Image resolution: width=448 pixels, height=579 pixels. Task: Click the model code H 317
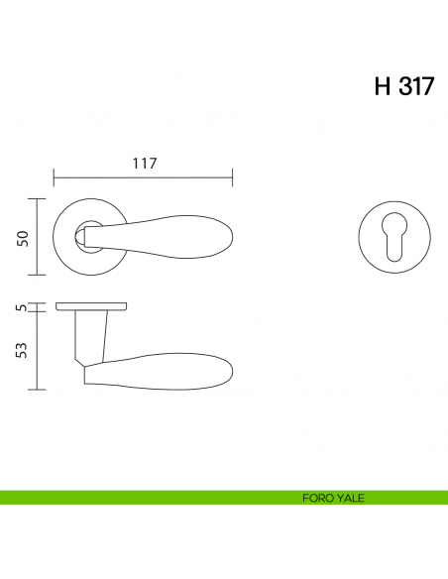[x=404, y=86]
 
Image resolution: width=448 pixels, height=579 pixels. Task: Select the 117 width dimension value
[x=145, y=163]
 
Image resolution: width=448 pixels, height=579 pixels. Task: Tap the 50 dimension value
[x=23, y=239]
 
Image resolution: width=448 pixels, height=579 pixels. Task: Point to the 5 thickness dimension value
[x=23, y=307]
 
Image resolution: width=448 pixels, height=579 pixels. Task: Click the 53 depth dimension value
[x=22, y=350]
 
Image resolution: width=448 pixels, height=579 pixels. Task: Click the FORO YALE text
[x=333, y=498]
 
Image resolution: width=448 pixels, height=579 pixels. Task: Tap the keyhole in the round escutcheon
[x=394, y=237]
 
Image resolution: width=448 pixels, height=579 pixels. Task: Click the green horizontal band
[x=224, y=498]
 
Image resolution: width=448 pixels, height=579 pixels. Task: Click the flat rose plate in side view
[x=91, y=306]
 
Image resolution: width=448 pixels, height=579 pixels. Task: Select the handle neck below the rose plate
[x=91, y=336]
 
